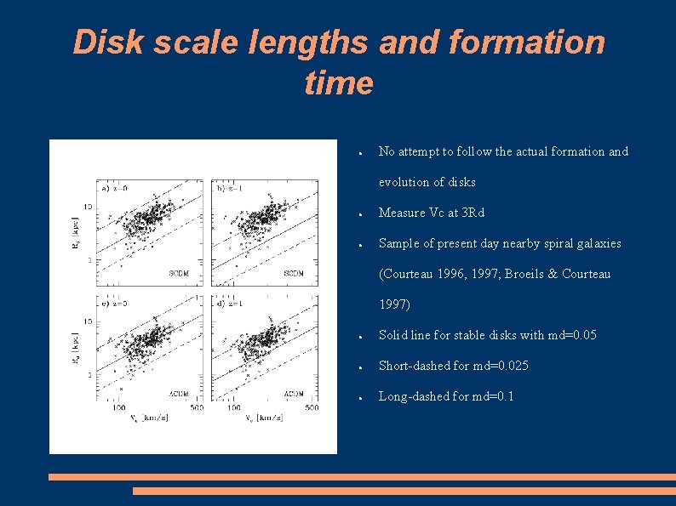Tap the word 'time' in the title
(338, 82)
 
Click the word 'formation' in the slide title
(492, 42)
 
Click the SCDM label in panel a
(179, 273)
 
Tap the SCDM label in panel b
(294, 273)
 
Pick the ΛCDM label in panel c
(179, 393)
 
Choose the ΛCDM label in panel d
(294, 393)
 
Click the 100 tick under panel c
(120, 408)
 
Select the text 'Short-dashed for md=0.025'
(453, 366)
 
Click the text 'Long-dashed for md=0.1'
(446, 396)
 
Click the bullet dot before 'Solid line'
(362, 337)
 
